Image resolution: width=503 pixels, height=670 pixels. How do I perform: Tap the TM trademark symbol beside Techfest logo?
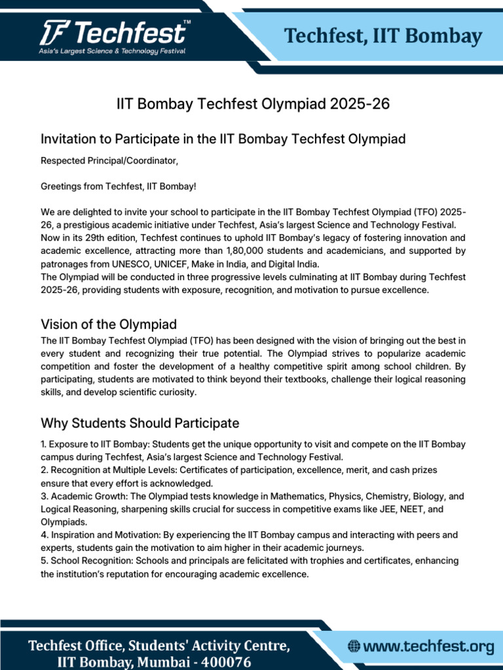coord(187,23)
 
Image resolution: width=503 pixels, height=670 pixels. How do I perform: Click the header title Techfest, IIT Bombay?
coord(383,36)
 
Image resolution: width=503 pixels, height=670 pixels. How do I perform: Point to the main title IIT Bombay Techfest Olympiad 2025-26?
coord(253,104)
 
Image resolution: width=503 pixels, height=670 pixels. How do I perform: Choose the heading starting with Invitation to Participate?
coord(223,139)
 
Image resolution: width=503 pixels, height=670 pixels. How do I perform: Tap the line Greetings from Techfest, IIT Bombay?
coord(119,187)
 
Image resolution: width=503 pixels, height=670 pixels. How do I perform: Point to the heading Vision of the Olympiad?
coord(109,324)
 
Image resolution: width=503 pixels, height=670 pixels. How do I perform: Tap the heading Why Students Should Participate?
coord(140,423)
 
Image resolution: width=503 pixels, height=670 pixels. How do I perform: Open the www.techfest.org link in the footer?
coord(428,647)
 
